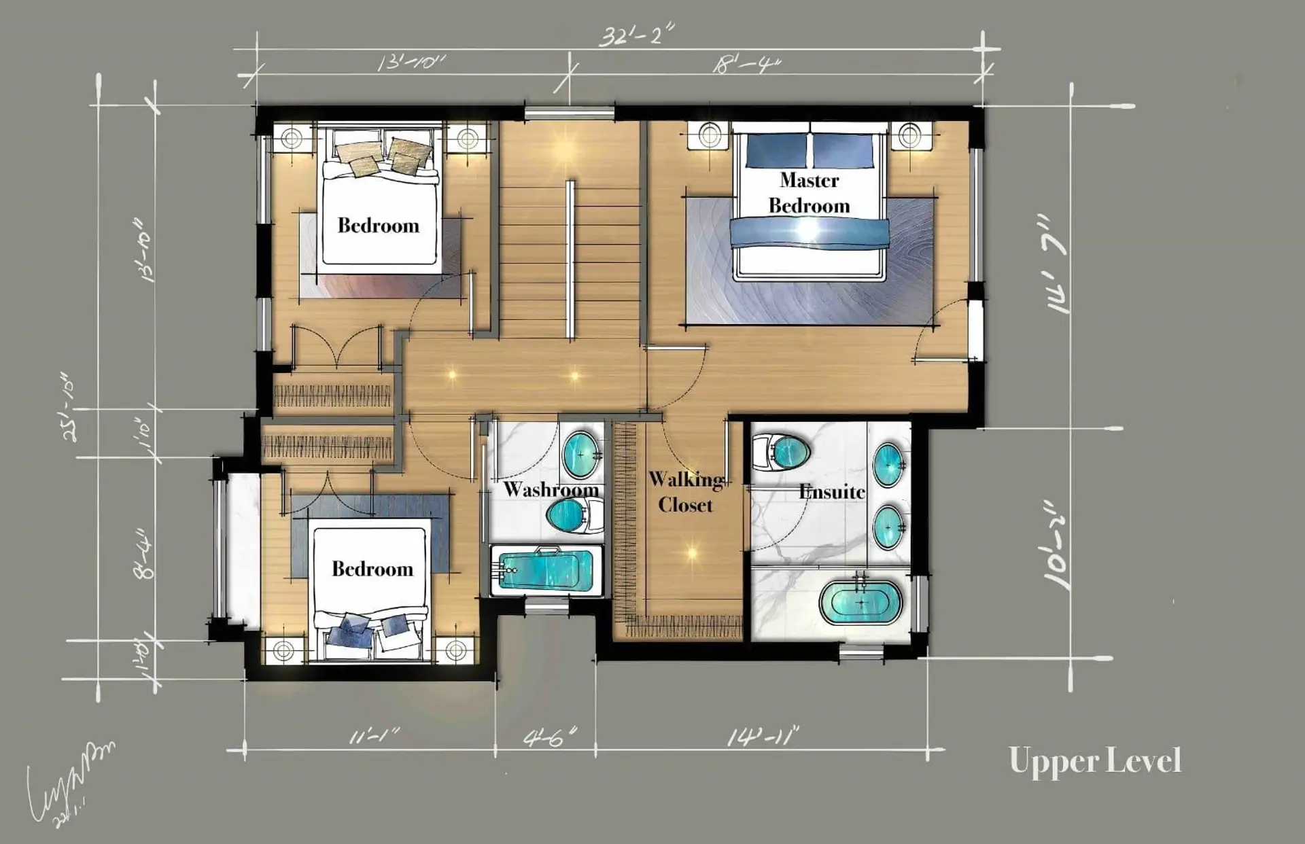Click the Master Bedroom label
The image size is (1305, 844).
[809, 193]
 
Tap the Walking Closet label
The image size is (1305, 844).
[685, 492]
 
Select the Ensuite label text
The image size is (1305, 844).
[832, 491]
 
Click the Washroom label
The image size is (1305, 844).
[551, 489]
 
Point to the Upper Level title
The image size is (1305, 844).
[1095, 761]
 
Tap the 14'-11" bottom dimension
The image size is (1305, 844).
[763, 737]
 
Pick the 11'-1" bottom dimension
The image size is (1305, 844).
[374, 737]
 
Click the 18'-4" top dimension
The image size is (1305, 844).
[746, 65]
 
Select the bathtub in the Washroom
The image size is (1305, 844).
[545, 569]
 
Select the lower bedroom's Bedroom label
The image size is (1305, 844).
[372, 569]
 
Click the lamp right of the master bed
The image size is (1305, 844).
[910, 135]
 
